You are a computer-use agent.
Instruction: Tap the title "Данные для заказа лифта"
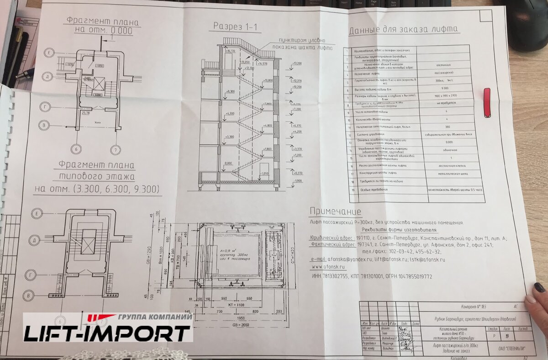coord(403,31)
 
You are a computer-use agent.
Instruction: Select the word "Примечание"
coord(335,212)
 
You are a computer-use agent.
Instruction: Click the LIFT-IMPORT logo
coord(108,328)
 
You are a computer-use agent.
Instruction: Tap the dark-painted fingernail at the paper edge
coord(539,288)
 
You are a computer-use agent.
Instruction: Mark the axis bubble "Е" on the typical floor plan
coord(38,213)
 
